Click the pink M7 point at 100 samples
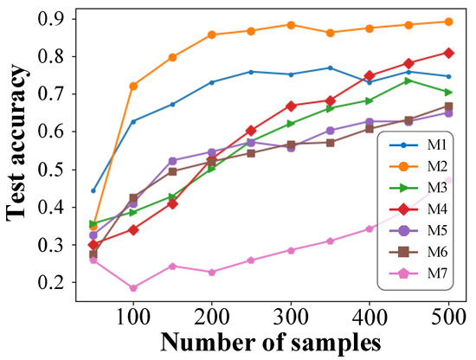click(133, 288)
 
